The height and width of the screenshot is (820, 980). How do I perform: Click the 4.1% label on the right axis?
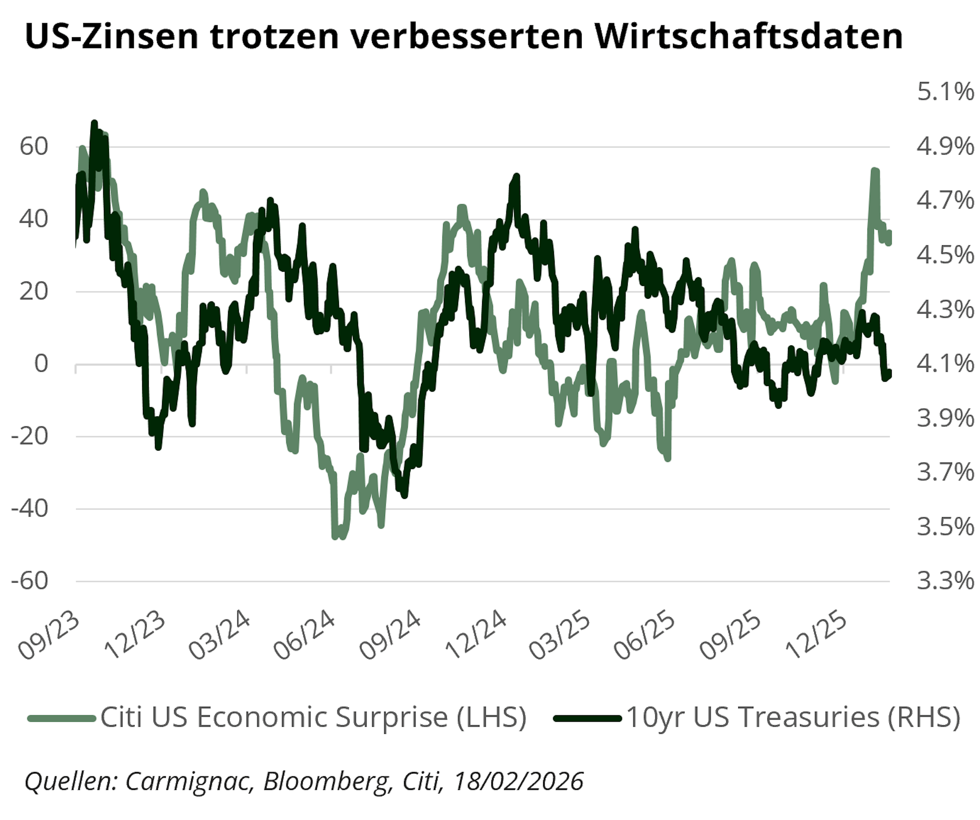(x=945, y=364)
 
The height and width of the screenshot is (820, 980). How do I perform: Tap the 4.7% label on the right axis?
(x=945, y=201)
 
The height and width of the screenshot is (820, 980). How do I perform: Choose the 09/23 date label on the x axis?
(x=49, y=637)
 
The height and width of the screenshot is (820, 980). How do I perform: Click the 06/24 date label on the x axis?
(x=304, y=637)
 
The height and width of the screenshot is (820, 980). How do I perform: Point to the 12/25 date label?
(x=816, y=637)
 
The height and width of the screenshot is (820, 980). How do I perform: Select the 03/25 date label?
(x=560, y=637)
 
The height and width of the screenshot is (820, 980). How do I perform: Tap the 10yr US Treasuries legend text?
(x=793, y=717)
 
